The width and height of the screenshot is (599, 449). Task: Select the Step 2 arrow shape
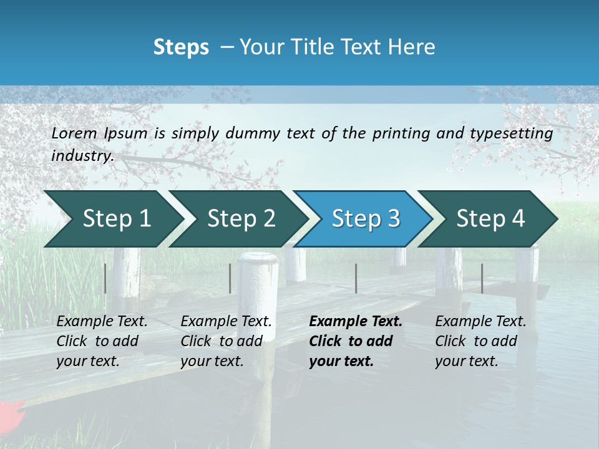coord(241,219)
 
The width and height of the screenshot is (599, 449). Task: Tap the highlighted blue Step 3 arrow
coord(366,219)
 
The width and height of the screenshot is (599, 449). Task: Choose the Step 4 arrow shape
coord(490,219)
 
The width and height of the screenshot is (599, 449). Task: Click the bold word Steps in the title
coord(181,47)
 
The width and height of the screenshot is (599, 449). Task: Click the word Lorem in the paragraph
coord(74,133)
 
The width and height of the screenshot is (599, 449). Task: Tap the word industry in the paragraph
coord(82,156)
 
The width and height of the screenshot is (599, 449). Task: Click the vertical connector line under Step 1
coord(105,278)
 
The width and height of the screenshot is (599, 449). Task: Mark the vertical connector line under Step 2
coord(230,278)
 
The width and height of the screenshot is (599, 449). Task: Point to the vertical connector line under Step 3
coord(356,278)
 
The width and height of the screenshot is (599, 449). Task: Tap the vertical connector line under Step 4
coord(482,278)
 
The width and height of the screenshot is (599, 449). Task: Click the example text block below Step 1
coord(102,341)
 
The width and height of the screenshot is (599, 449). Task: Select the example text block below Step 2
coord(226,341)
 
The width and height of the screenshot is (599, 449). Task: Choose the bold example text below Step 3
coord(356,341)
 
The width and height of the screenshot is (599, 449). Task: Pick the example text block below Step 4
coord(480,341)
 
